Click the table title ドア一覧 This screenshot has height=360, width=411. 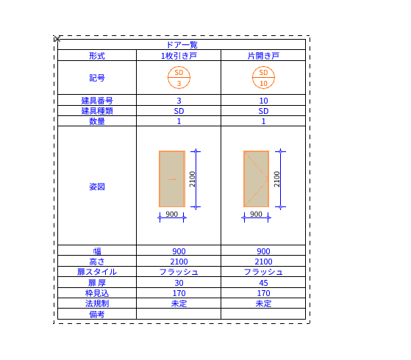[182, 45]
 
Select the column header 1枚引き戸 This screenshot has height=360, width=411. [179, 56]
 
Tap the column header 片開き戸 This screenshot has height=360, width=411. [263, 56]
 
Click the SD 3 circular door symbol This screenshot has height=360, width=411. [179, 78]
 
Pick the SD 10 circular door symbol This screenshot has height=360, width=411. [263, 78]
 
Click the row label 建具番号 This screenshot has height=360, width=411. [97, 101]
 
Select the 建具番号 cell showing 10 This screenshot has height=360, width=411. [263, 101]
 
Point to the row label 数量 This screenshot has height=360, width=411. [97, 121]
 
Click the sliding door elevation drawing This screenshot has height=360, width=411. [172, 179]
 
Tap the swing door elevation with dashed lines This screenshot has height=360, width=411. [257, 179]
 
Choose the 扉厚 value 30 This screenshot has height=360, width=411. [179, 283]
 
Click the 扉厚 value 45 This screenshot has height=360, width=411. [263, 283]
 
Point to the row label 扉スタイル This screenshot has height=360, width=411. [97, 272]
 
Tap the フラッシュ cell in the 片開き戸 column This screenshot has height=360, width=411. [263, 272]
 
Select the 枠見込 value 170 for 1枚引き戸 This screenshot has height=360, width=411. [179, 293]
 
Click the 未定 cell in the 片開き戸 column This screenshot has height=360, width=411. [263, 303]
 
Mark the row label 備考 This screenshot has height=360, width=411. [97, 314]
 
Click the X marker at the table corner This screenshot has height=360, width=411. [57, 39]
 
